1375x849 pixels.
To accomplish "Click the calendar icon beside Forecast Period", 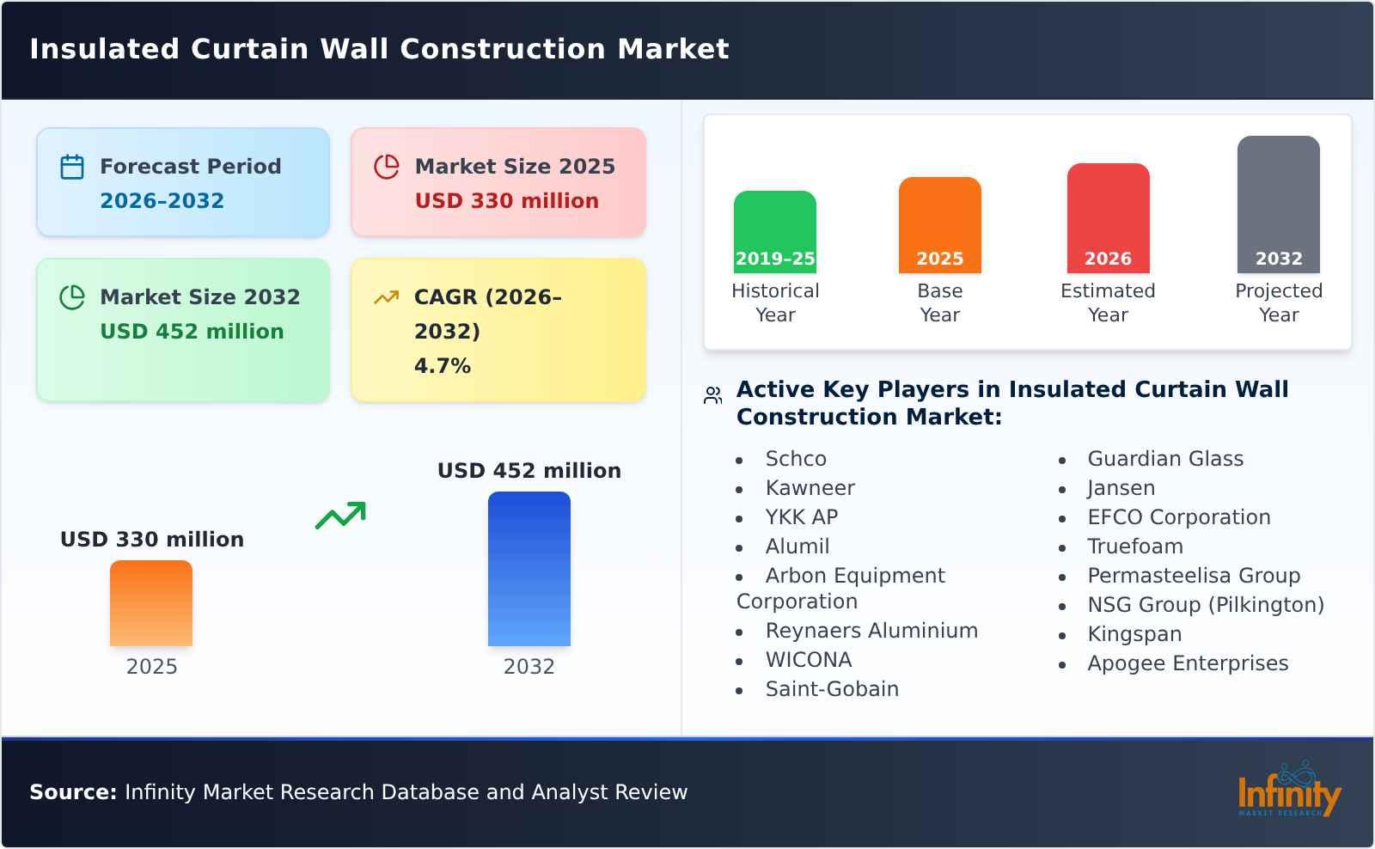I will (72, 167).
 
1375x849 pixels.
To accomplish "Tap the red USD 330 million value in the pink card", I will (506, 201).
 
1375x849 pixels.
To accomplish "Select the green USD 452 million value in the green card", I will (192, 332).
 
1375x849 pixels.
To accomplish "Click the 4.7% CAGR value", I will (442, 366).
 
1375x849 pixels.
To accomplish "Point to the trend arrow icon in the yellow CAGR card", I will (387, 297).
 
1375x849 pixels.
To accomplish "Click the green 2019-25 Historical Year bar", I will (774, 232).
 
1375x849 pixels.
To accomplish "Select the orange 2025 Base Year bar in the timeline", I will (939, 225).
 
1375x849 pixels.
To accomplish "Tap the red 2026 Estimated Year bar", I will (1108, 218).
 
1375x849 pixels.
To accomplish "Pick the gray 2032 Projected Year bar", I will (1278, 205).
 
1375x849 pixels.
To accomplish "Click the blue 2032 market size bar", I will (529, 569).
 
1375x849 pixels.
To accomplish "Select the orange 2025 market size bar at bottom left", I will (151, 603).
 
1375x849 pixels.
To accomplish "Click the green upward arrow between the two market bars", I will (340, 516).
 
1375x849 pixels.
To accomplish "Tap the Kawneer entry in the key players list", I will (810, 488).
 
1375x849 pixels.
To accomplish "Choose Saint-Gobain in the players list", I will (831, 689).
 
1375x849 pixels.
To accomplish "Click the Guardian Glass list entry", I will (1164, 459).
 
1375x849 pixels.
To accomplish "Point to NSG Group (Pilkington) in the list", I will (1205, 605).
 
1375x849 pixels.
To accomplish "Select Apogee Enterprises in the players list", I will (1187, 663).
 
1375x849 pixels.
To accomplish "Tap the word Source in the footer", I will (72, 792).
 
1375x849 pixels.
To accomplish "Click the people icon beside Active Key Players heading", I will (712, 395).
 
